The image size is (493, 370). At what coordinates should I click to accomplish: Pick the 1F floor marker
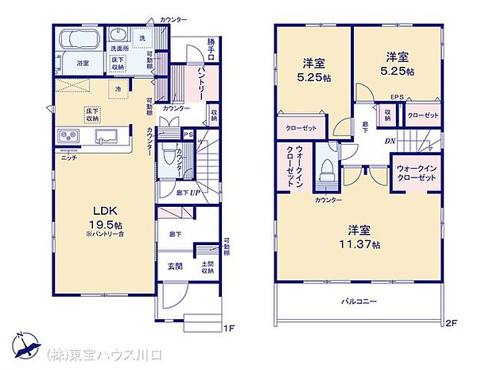pyautogui.click(x=228, y=327)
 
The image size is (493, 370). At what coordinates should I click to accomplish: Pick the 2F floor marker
pyautogui.click(x=452, y=322)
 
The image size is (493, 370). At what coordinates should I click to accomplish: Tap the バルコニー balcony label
pyautogui.click(x=359, y=301)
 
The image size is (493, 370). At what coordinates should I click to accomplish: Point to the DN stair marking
pyautogui.click(x=390, y=142)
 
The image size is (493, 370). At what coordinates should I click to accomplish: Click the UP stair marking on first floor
pyautogui.click(x=192, y=192)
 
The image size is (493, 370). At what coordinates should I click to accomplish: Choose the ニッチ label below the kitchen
pyautogui.click(x=68, y=159)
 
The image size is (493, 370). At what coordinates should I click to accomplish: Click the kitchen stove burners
pyautogui.click(x=68, y=138)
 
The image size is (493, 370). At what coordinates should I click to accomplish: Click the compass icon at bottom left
pyautogui.click(x=25, y=349)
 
